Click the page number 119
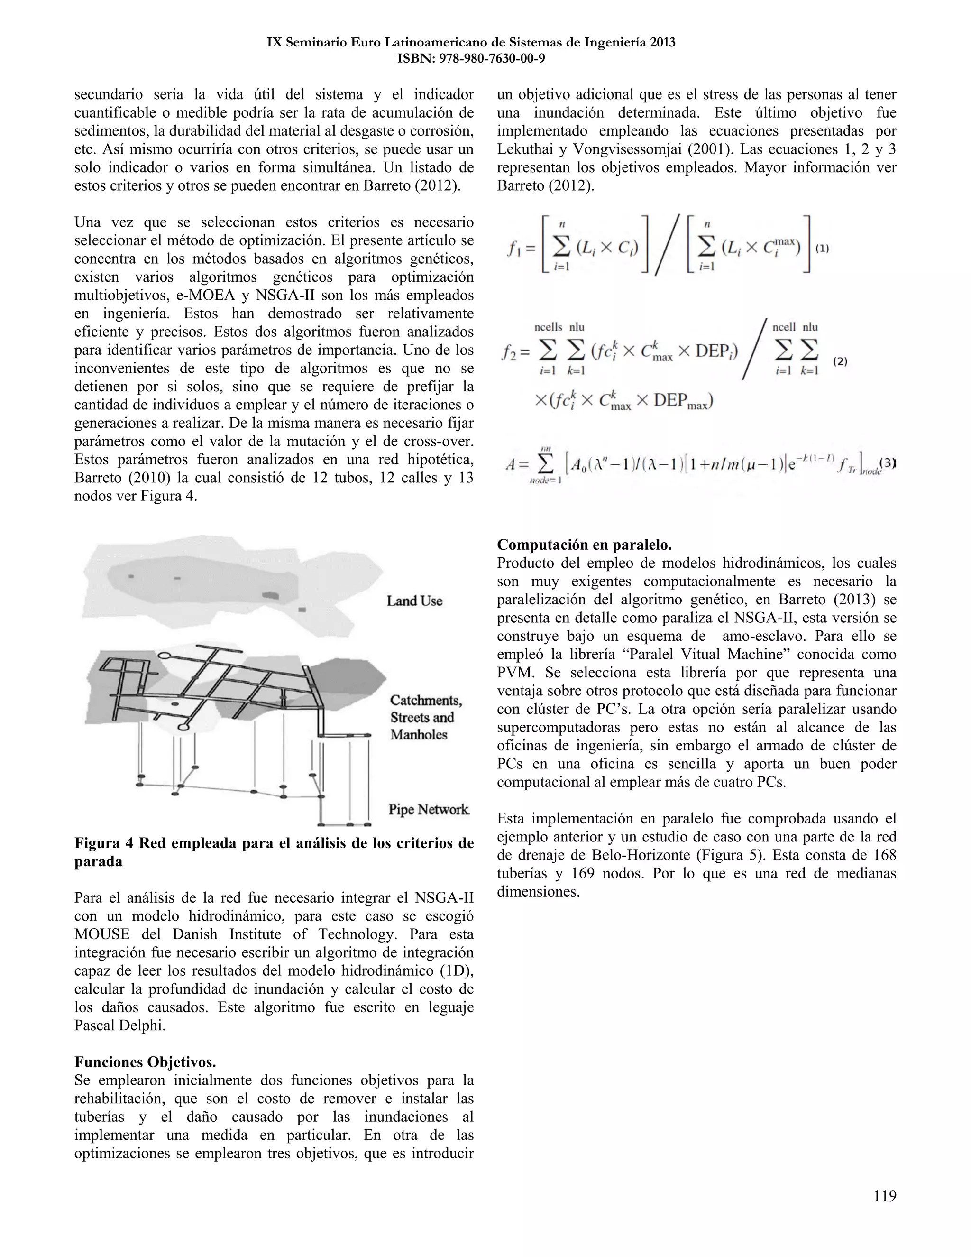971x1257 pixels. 885,1196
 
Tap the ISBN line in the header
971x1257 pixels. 471,58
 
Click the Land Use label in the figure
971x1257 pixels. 414,601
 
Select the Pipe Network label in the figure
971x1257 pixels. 429,809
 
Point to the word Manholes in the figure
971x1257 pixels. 419,734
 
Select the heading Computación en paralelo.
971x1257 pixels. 584,545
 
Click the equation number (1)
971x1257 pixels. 822,249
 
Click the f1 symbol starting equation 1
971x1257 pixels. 513,249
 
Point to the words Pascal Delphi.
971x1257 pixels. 119,1025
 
